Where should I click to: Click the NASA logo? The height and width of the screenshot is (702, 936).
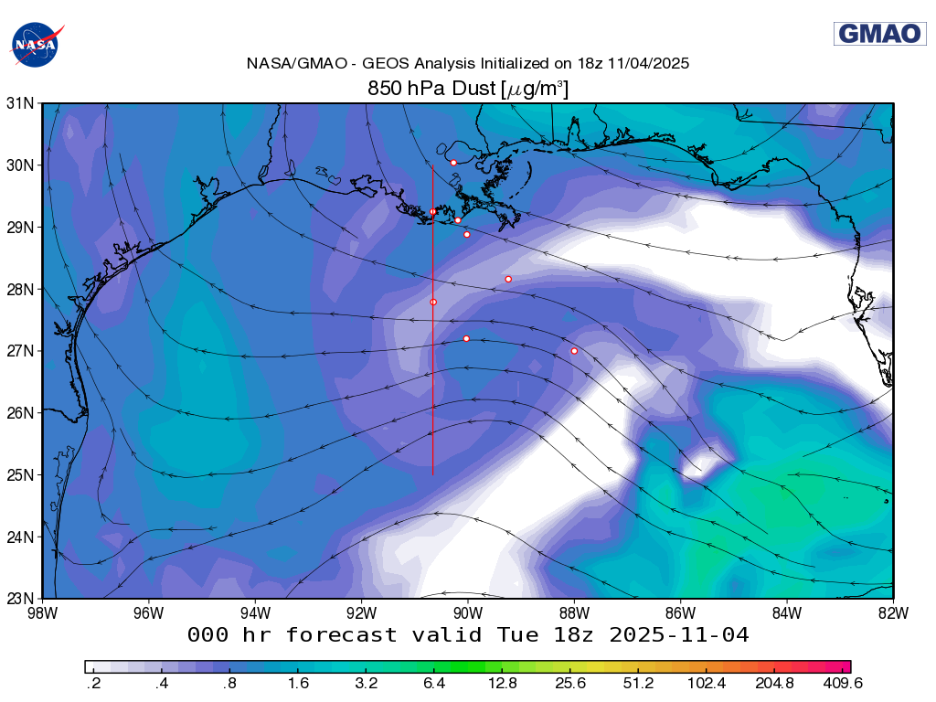point(37,44)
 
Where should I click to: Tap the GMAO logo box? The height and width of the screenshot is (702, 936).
point(879,34)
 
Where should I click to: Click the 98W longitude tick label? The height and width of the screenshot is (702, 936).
point(42,612)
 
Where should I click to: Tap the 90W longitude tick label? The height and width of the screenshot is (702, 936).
point(467,612)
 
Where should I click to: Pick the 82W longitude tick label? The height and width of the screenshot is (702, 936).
point(892,612)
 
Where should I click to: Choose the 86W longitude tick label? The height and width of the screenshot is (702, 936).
point(680,612)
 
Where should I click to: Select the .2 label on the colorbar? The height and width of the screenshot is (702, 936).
point(92,683)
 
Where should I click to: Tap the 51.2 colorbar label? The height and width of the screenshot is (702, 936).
point(638,683)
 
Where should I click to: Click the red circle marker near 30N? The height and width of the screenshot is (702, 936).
point(453,163)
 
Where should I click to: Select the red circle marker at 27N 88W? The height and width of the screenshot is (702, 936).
point(574,351)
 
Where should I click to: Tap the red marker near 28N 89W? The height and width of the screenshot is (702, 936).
point(508,279)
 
